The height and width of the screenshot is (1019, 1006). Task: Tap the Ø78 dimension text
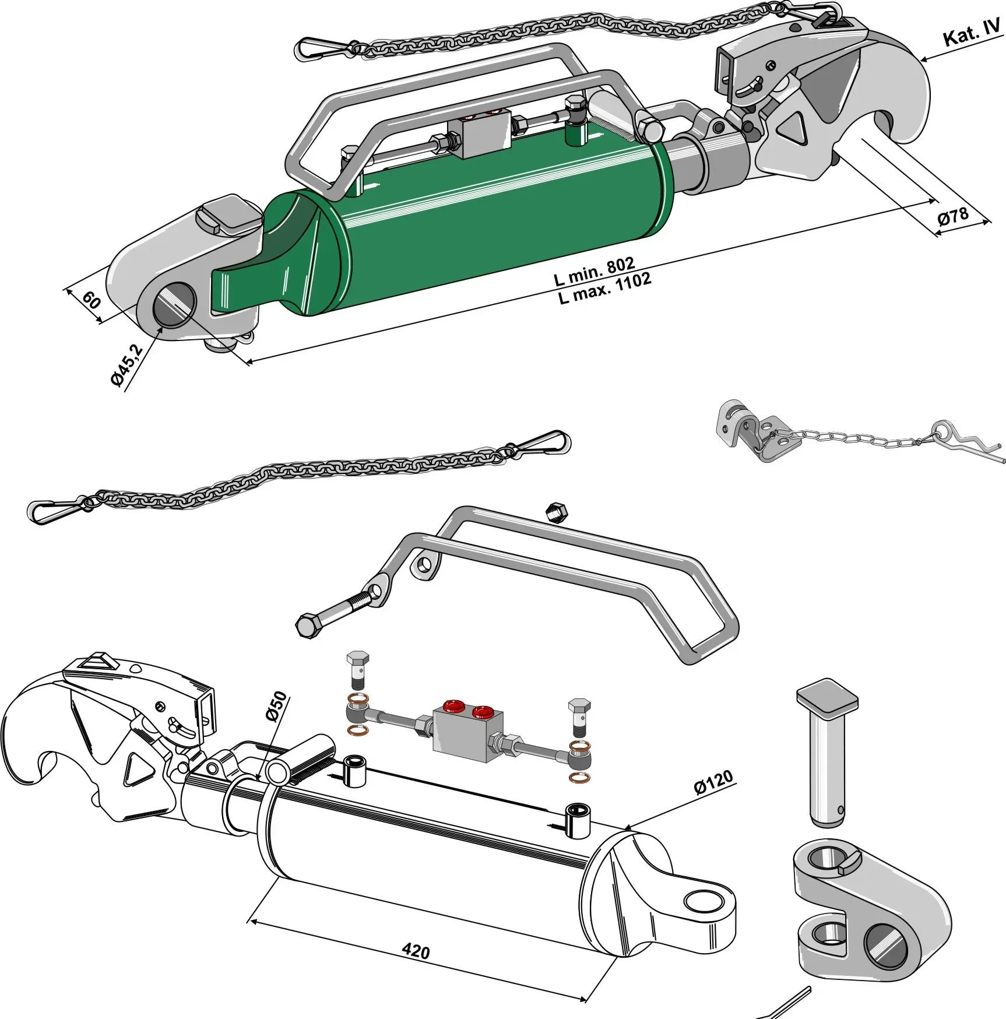coord(952,216)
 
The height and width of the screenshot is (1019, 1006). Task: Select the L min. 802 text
coord(594,271)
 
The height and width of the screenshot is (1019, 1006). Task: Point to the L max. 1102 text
coord(604,288)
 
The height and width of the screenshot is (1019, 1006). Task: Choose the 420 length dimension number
coord(416,951)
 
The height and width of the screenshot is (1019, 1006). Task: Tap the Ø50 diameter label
coord(276,706)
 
